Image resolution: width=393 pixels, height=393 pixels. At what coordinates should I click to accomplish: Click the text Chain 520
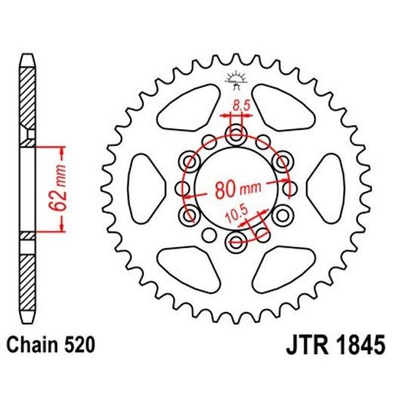pos(51,347)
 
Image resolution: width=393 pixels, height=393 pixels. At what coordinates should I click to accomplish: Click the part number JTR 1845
pos(333,347)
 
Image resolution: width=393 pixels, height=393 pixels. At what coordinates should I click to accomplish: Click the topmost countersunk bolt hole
pos(237,137)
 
